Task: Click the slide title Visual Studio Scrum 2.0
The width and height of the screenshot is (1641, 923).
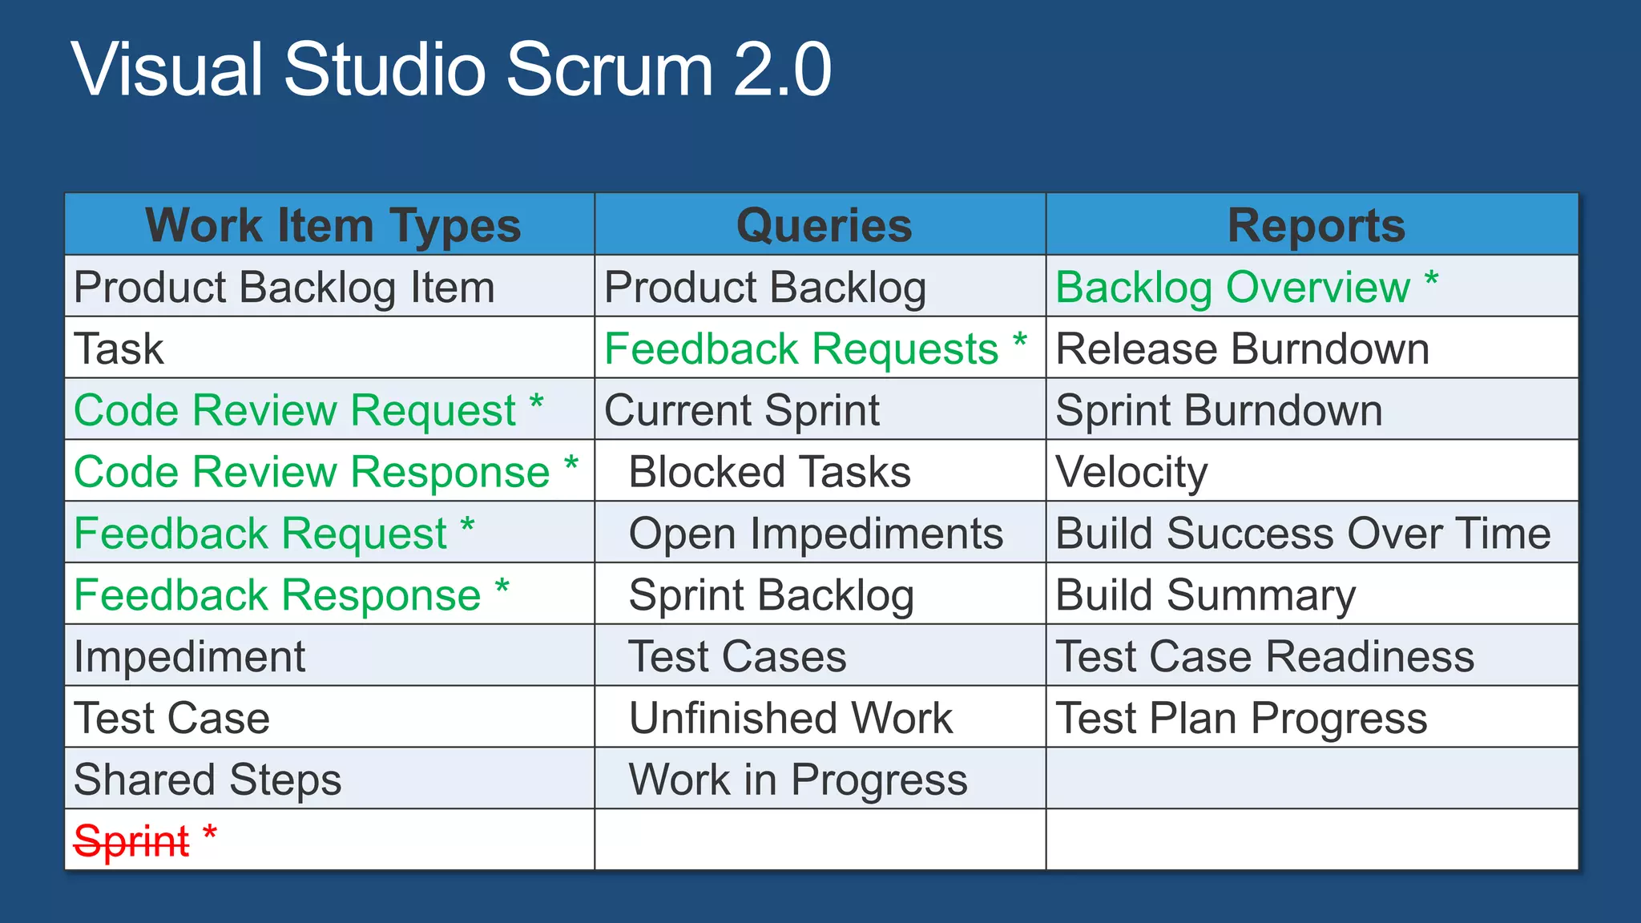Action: (x=451, y=71)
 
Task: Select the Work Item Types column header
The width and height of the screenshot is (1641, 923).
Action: (x=333, y=225)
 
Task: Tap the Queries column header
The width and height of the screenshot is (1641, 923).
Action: (x=823, y=225)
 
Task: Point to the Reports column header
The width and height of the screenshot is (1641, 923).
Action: (x=1316, y=225)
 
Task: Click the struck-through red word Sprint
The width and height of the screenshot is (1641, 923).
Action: (x=131, y=841)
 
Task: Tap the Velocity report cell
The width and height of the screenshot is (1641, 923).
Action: (x=1131, y=472)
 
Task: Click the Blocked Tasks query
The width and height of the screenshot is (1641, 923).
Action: (x=769, y=472)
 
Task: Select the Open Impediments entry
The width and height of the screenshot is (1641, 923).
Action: (x=816, y=534)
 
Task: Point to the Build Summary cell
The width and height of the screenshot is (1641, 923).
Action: (x=1205, y=595)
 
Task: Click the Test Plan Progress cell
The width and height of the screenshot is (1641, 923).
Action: (x=1241, y=718)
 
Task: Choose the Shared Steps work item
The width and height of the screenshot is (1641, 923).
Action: (x=208, y=780)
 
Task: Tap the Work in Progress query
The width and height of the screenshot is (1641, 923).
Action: (x=798, y=780)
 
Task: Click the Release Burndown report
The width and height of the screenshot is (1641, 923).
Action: (x=1242, y=349)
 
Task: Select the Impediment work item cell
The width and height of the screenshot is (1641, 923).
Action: (x=189, y=657)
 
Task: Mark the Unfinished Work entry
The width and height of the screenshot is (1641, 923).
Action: (x=791, y=718)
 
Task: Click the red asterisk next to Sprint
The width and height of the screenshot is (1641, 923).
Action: (x=210, y=832)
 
